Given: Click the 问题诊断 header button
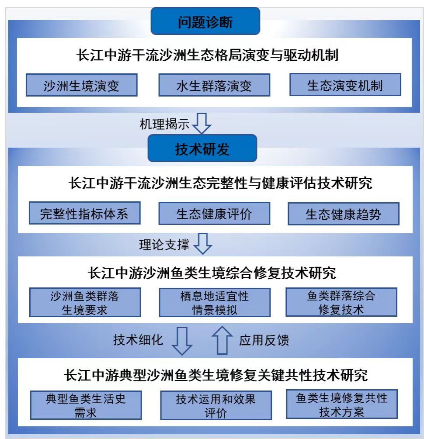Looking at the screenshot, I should point(205,21).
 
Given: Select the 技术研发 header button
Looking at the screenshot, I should point(202,149).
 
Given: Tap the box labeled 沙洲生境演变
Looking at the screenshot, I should point(81,85).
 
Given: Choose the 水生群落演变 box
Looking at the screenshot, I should point(214,85).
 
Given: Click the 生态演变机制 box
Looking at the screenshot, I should point(345,85).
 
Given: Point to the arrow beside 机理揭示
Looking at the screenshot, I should point(202,124).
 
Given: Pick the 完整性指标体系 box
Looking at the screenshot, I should point(84,214).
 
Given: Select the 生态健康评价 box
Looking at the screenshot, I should point(214,214).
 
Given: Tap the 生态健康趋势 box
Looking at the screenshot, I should point(344,214).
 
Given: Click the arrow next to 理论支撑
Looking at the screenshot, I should point(202,244).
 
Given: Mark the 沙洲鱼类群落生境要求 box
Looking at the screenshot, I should point(85,302).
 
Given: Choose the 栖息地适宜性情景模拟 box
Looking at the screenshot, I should point(214,302).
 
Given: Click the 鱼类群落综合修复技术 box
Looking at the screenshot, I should point(341,302).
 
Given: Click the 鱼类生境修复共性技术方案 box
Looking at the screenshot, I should point(342,404).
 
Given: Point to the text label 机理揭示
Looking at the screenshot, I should point(164,124).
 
